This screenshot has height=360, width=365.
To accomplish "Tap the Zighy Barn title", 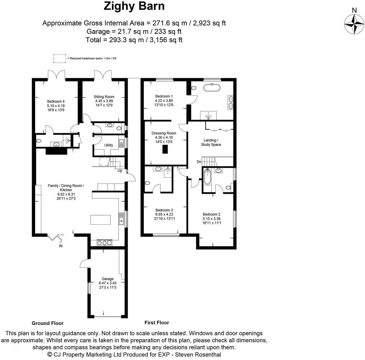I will coord(134,6).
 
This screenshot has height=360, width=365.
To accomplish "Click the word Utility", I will coord(109,145).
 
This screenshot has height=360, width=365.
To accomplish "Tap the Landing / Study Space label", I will coord(211,142).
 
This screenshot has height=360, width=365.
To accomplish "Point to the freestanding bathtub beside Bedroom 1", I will coord(212,88).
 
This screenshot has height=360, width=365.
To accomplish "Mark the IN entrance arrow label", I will coord(61,246).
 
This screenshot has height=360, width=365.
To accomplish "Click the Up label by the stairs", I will coord(120,171).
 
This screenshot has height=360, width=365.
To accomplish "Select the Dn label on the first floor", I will coord(199,162).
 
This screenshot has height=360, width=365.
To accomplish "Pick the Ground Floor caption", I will coord(47,323).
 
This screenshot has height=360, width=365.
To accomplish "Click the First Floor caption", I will coord(157,322).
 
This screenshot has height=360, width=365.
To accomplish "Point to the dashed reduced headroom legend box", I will coord(59,58).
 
